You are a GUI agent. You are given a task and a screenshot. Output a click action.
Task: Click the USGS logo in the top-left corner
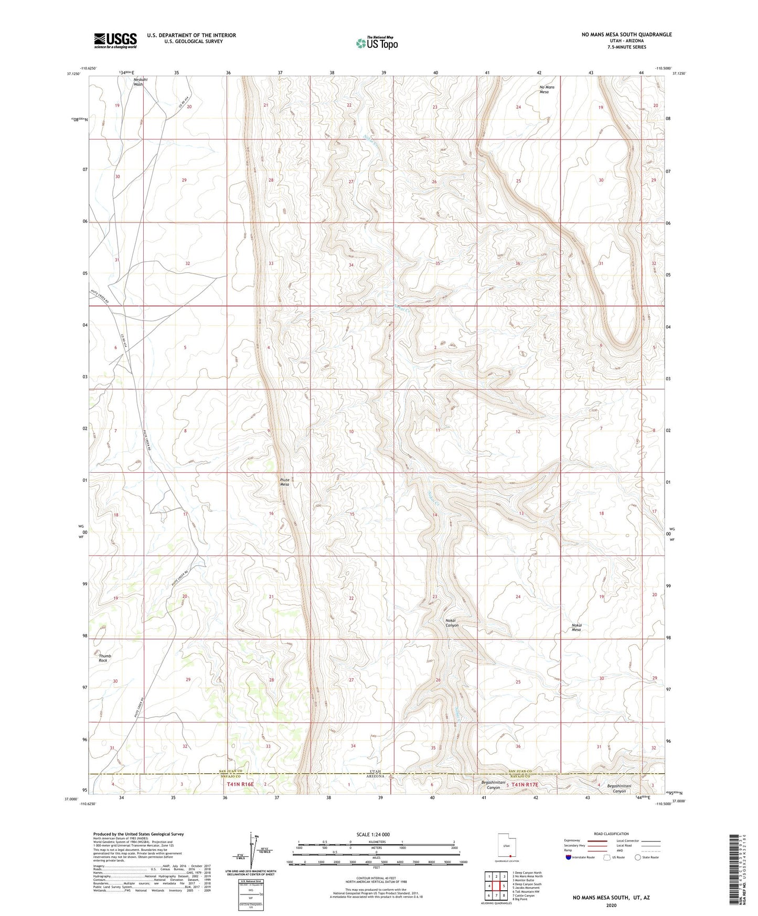(115, 40)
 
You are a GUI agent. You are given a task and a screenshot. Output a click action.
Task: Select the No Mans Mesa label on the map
(544, 89)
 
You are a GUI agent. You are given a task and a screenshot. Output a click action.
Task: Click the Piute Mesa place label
(284, 482)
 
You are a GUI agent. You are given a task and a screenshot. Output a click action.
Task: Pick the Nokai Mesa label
(576, 627)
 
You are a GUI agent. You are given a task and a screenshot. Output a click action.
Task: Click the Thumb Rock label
(105, 658)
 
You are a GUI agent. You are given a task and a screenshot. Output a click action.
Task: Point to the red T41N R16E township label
(240, 784)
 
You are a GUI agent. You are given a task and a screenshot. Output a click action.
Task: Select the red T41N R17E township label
(525, 784)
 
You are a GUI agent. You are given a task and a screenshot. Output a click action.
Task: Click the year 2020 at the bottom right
(611, 905)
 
